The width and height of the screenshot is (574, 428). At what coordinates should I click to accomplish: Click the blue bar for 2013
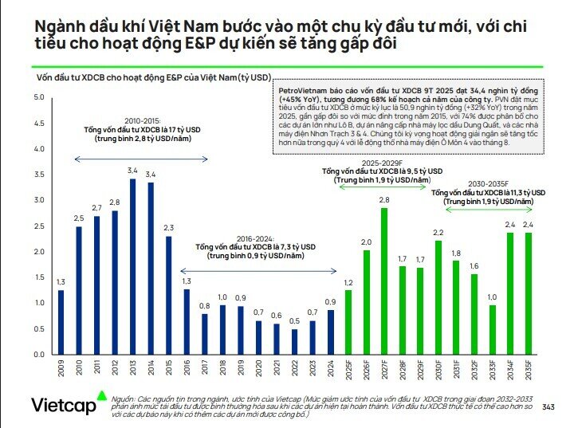tap(132, 267)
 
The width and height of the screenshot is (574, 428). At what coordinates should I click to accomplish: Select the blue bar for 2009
tap(61, 321)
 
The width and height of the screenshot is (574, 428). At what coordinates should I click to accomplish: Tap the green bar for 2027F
tap(383, 281)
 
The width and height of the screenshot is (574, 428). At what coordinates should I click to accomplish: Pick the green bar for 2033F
tap(492, 329)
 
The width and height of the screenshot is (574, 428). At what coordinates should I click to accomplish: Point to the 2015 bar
tap(167, 295)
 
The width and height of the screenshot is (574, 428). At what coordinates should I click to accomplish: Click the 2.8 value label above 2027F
tap(383, 199)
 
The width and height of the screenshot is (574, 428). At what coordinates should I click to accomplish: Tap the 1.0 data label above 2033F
tap(492, 297)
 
